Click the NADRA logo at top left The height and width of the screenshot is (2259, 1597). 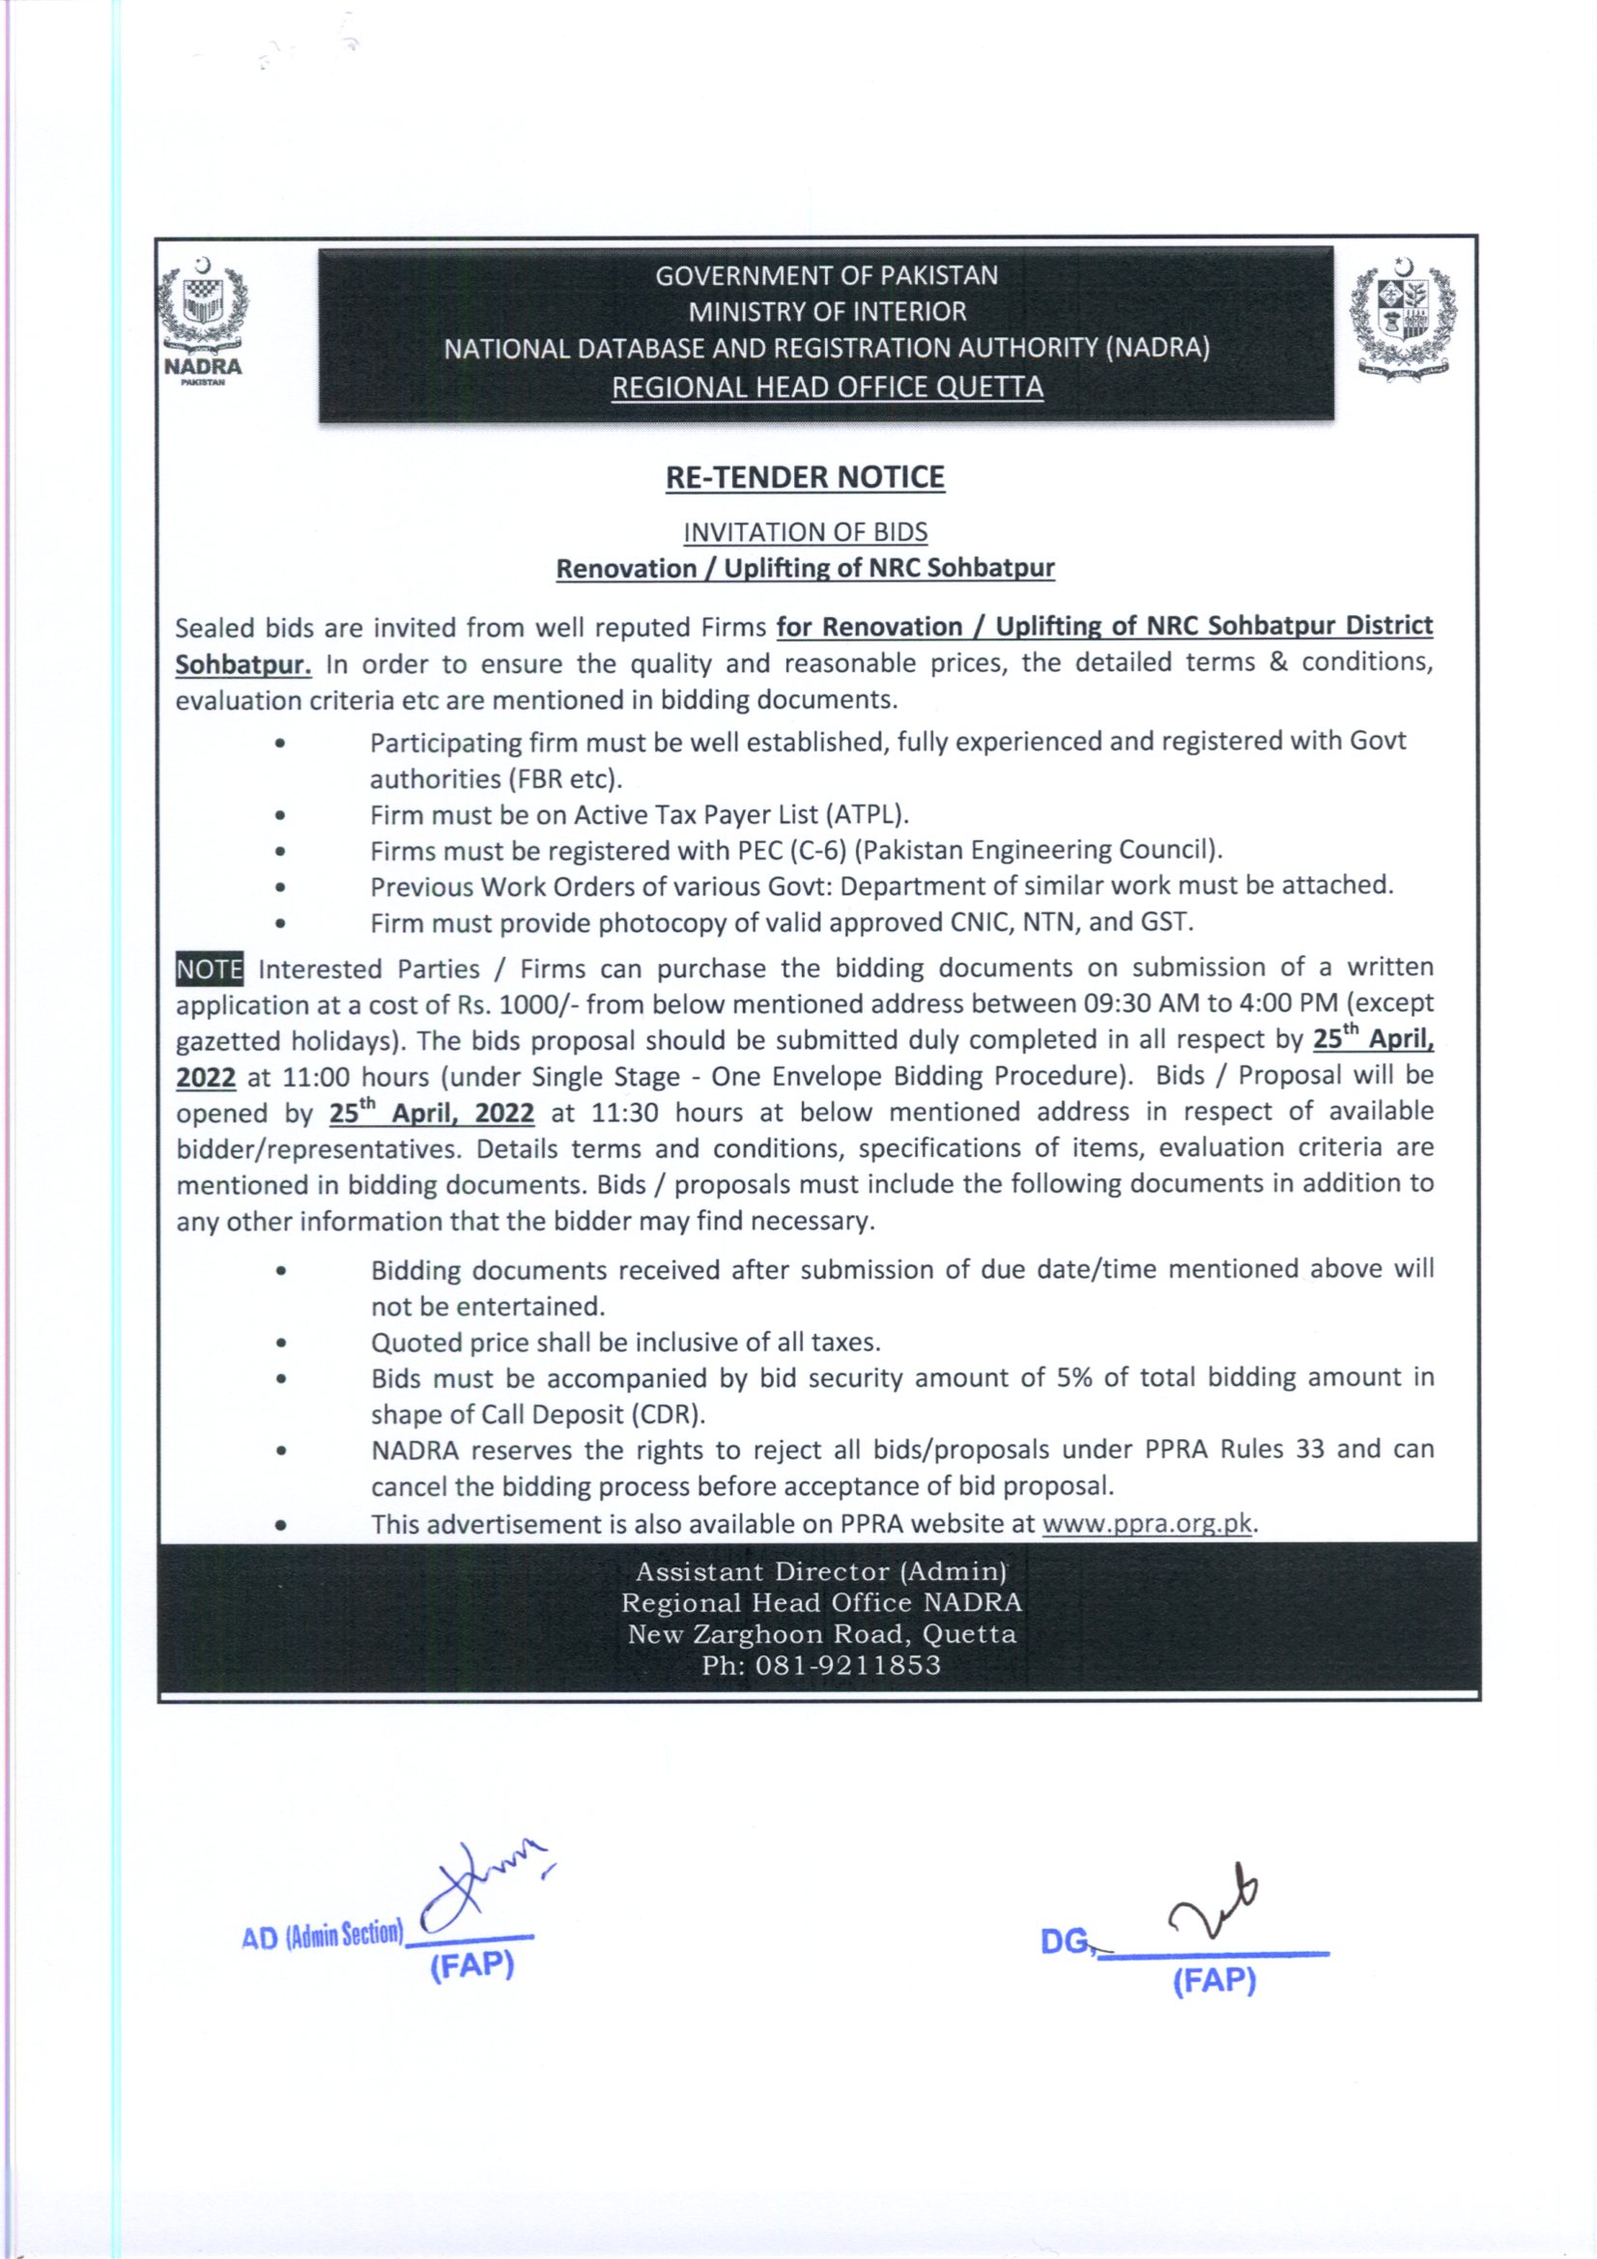tap(204, 320)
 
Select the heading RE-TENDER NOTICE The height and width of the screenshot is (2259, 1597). tap(805, 478)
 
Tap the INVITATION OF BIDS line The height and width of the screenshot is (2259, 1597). tap(805, 532)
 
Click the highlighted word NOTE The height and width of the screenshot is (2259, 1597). tap(210, 969)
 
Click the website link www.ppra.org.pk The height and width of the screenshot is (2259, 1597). tap(1147, 1524)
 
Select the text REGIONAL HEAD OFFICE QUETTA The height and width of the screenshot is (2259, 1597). tap(827, 387)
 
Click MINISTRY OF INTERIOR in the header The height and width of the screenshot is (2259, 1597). tap(827, 312)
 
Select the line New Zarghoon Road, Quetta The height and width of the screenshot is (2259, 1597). tap(821, 1634)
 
